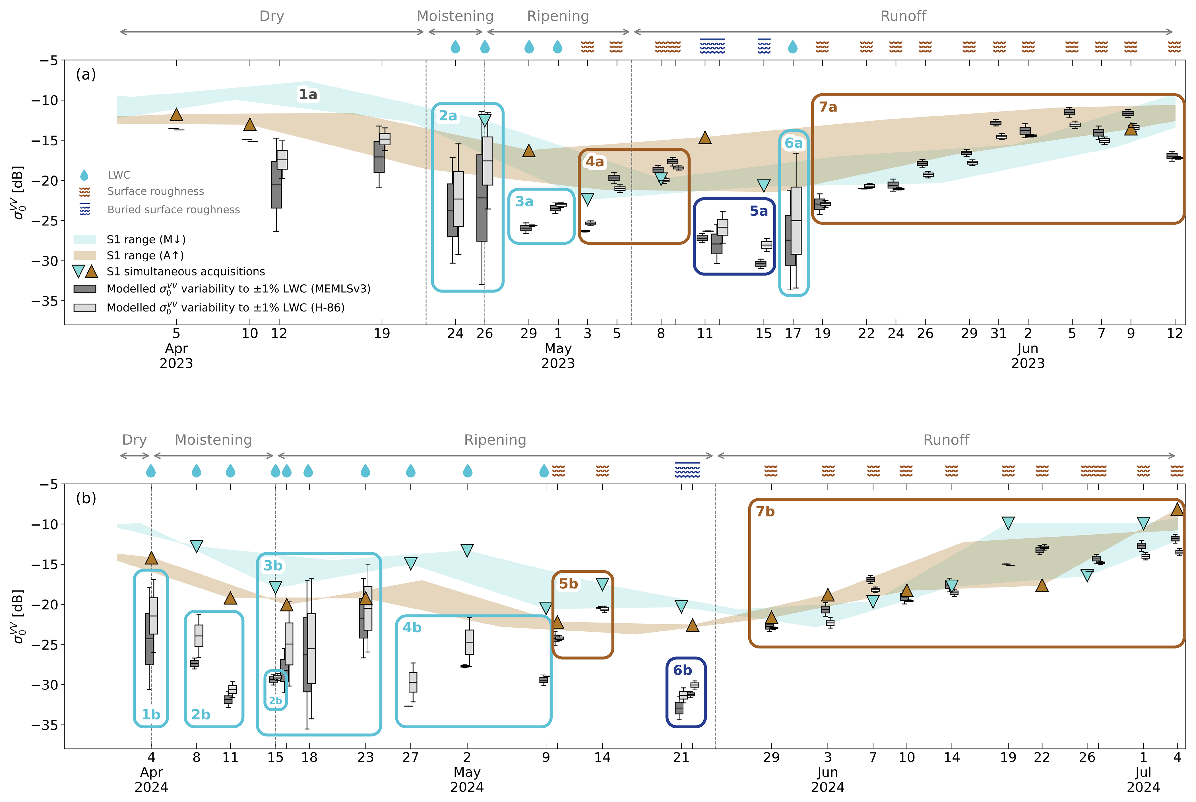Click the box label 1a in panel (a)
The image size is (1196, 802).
pos(308,95)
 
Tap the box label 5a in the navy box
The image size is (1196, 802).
pos(759,211)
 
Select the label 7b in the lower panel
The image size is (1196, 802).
pos(765,511)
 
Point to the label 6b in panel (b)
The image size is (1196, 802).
pos(682,670)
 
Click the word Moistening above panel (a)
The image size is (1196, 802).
pos(455,16)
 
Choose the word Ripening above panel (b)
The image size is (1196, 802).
pos(495,440)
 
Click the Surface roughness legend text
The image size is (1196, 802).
pos(156,191)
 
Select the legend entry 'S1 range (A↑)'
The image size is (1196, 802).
pos(145,255)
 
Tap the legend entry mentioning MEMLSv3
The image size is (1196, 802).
pos(238,289)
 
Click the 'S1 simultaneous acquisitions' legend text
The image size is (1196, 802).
pos(186,272)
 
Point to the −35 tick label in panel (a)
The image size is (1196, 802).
pos(45,301)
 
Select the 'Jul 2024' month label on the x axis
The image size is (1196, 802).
pos(1143,780)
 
